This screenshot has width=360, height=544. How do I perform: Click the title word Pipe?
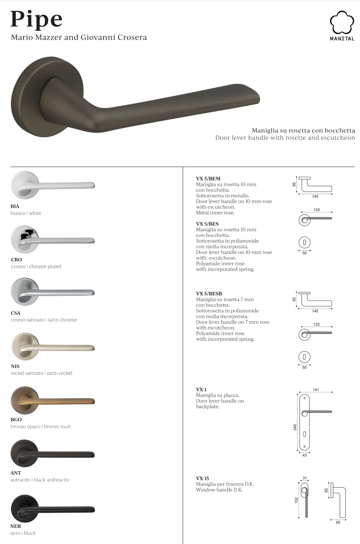pyautogui.click(x=36, y=19)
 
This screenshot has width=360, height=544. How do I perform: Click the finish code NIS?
pyautogui.click(x=15, y=366)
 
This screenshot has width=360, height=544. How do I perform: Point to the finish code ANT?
pyautogui.click(x=16, y=473)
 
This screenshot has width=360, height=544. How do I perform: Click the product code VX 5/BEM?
pyautogui.click(x=208, y=178)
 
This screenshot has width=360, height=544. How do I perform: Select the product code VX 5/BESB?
pyautogui.click(x=209, y=293)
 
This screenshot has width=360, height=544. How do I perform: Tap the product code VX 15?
pyautogui.click(x=202, y=478)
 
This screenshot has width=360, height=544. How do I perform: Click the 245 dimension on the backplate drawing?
pyautogui.click(x=295, y=427)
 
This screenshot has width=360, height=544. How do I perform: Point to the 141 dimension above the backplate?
pyautogui.click(x=316, y=390)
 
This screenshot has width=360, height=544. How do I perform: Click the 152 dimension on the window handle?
pyautogui.click(x=296, y=500)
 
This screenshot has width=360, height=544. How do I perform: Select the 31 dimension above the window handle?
pyautogui.click(x=305, y=478)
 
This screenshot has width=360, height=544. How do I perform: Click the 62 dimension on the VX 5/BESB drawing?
pyautogui.click(x=294, y=299)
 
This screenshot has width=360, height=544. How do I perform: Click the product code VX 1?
pyautogui.click(x=201, y=389)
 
